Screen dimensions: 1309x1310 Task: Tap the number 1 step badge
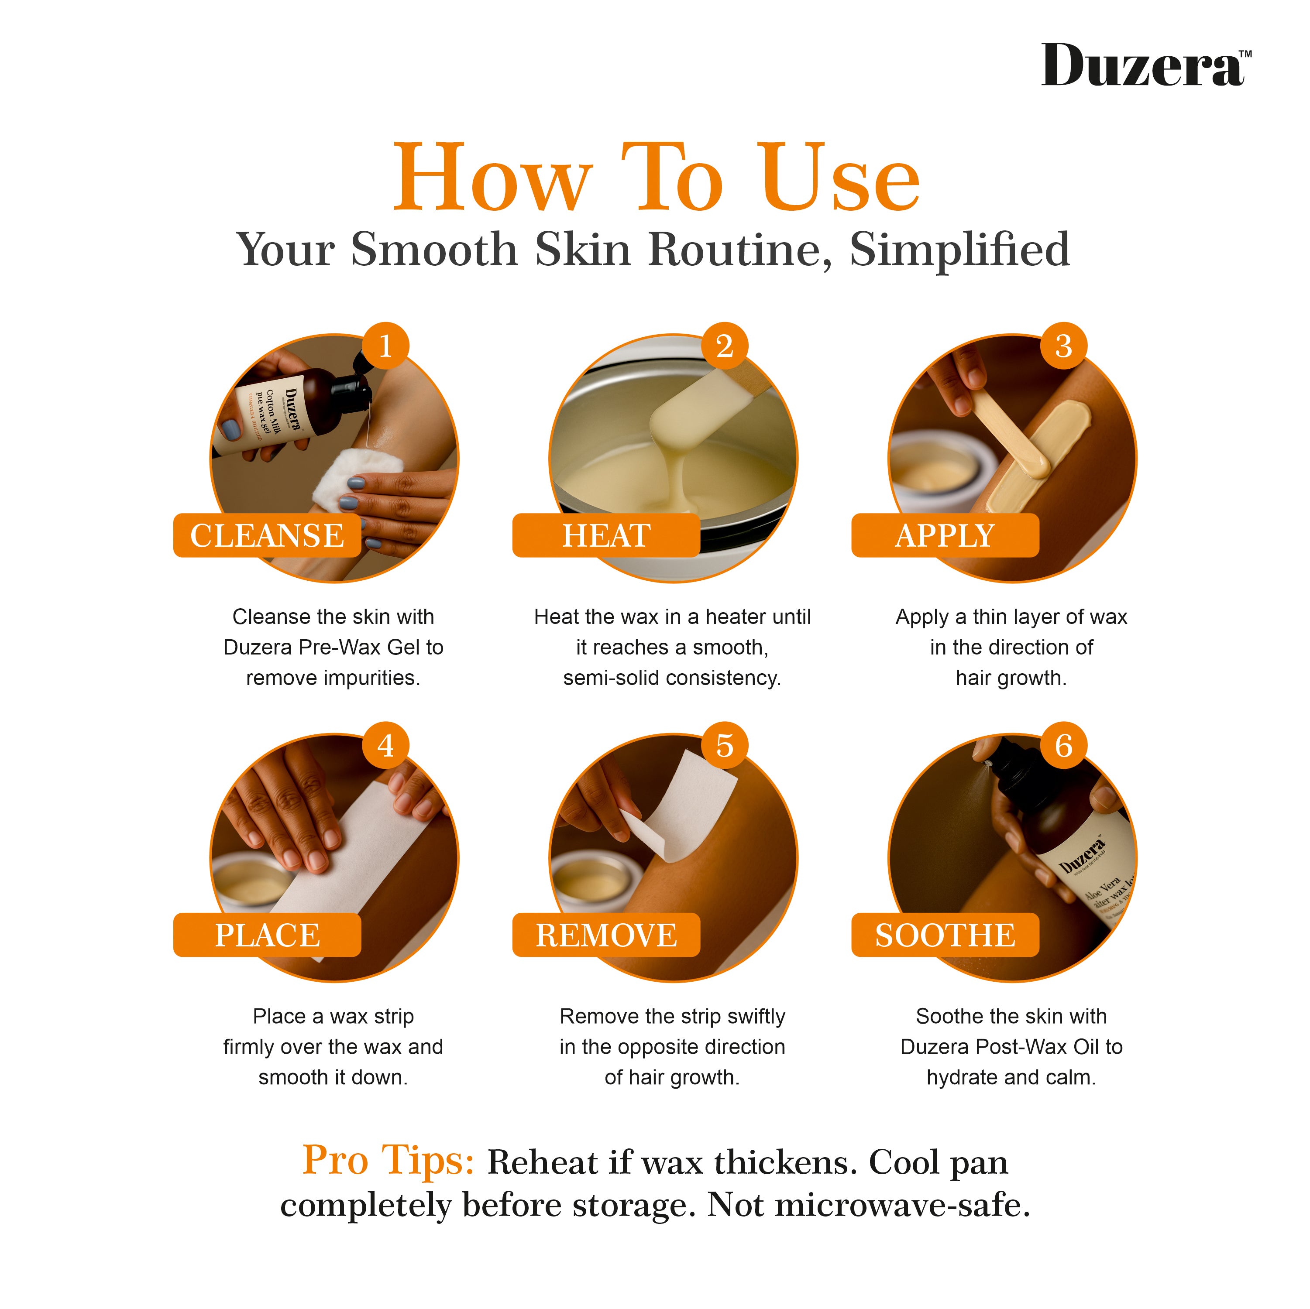[x=385, y=346]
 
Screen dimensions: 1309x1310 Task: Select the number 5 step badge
[x=724, y=746]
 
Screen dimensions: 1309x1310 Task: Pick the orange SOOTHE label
[x=945, y=935]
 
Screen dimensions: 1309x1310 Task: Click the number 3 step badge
[x=1063, y=346]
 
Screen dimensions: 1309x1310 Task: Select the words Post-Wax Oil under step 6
[x=1038, y=1047]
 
